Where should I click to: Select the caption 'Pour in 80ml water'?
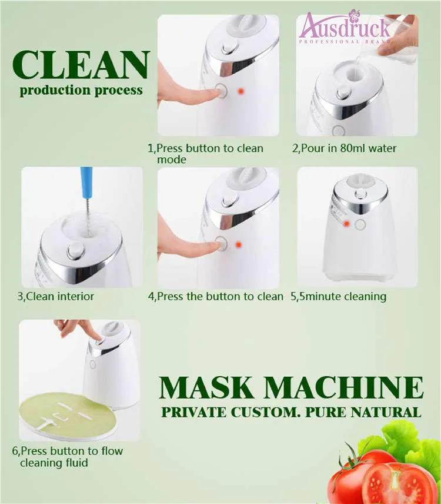[x=345, y=148]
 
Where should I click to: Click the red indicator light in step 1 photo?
[x=240, y=92]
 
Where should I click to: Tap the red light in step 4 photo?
[x=239, y=244]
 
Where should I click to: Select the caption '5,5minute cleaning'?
[x=339, y=296]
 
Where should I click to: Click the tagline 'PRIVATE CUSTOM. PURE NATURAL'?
[x=291, y=412]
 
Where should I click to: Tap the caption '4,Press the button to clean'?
[x=215, y=296]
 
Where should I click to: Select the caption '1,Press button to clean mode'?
[x=205, y=154]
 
